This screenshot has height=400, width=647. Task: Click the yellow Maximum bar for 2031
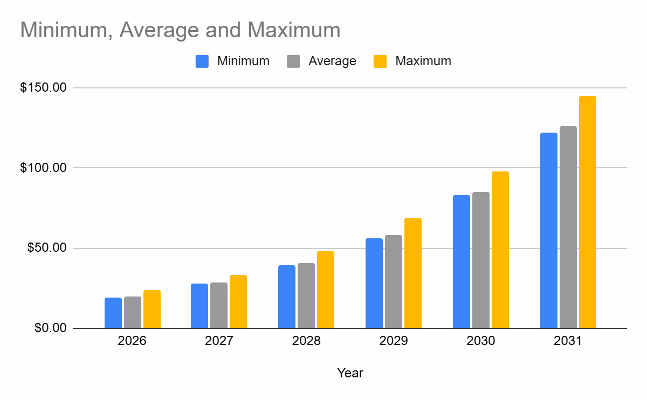pos(587,212)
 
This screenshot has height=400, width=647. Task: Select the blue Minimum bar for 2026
pos(113,313)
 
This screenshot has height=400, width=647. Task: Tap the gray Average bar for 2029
pos(394,282)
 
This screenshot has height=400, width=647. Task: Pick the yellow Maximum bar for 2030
pos(500,250)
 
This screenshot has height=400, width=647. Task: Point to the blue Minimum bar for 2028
pos(287,297)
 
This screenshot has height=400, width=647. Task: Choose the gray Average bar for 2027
pos(219,306)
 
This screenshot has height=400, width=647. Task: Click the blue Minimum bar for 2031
pos(549,231)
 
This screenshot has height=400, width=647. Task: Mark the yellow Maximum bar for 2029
pos(413,273)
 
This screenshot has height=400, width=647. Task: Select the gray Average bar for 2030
pos(481,260)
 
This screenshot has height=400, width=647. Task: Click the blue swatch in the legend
pos(202,61)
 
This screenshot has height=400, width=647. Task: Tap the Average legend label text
pos(332,61)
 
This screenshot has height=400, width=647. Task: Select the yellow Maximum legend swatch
pos(381,61)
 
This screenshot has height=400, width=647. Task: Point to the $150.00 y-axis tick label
pos(43,87)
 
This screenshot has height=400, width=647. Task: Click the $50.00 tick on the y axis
pos(46,249)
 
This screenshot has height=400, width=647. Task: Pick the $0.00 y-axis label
pos(50,328)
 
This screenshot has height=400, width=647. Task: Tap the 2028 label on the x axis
pos(306,342)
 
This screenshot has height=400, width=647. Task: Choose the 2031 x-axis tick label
pos(568,342)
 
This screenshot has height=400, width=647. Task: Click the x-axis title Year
pos(350,373)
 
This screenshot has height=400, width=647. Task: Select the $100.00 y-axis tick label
pos(43,168)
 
